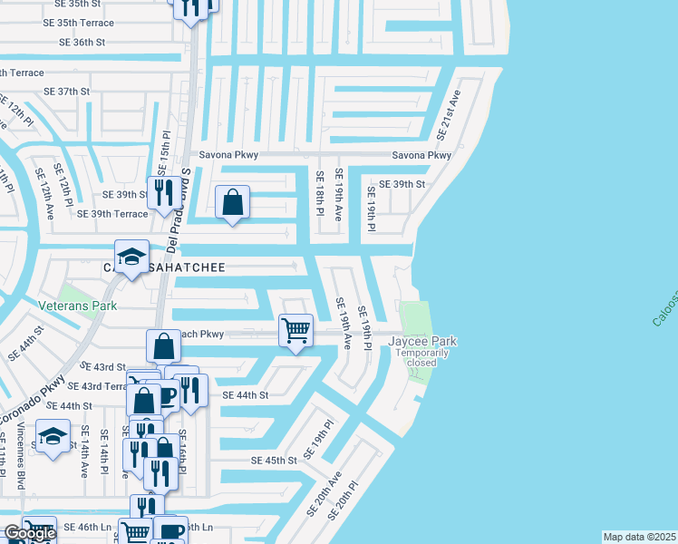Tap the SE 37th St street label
(x=67, y=92)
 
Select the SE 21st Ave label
(x=450, y=114)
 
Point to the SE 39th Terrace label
(x=112, y=214)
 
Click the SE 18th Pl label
(x=319, y=193)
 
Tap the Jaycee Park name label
(x=422, y=341)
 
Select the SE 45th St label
(x=275, y=461)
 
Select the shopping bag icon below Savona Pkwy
(x=233, y=203)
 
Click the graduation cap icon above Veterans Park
(x=131, y=257)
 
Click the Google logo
(x=29, y=533)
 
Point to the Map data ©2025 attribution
(x=640, y=537)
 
